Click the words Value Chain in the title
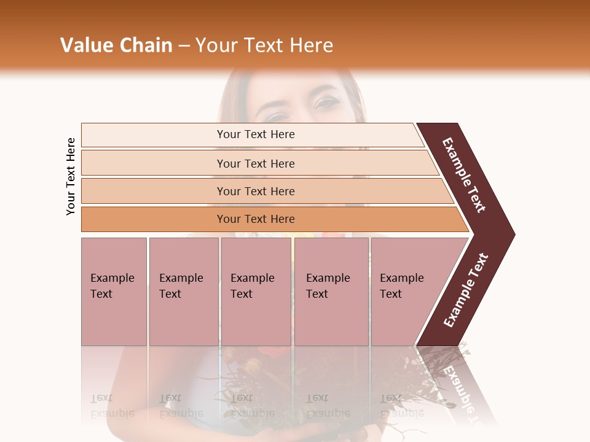click(x=116, y=45)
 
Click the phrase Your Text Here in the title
click(x=264, y=45)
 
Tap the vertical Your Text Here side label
click(x=71, y=177)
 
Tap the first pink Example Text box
click(x=114, y=292)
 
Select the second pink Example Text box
click(x=183, y=292)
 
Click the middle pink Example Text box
click(x=256, y=292)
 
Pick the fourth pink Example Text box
click(x=331, y=292)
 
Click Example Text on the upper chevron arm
click(x=464, y=175)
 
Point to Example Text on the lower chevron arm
click(x=466, y=290)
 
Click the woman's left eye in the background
click(x=326, y=101)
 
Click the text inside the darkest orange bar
click(x=256, y=219)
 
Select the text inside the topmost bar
click(x=256, y=134)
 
